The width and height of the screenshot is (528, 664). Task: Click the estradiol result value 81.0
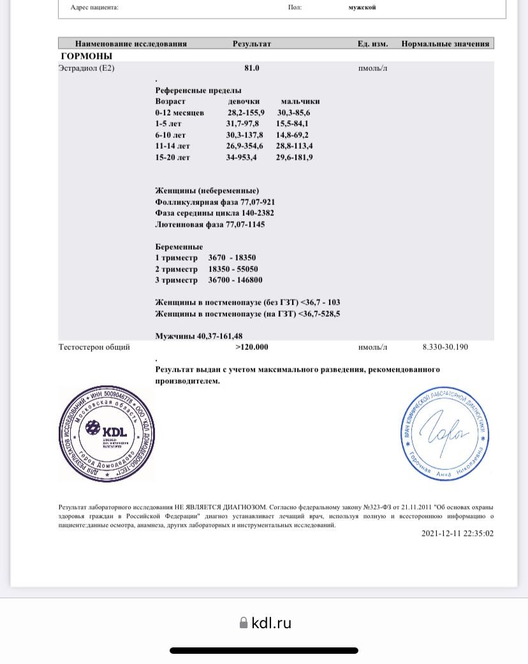[x=251, y=68]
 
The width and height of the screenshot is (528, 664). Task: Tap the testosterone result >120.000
[x=252, y=347]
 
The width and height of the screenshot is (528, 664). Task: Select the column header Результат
[x=252, y=44]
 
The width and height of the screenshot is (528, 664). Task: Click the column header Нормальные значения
[x=445, y=44]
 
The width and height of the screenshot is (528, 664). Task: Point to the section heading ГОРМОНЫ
[x=86, y=56]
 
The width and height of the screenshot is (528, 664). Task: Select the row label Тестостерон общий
[x=94, y=347]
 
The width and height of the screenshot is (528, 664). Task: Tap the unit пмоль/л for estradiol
[x=372, y=68]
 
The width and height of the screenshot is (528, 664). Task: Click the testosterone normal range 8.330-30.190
[x=445, y=347]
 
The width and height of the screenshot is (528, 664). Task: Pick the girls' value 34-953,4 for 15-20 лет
[x=241, y=158]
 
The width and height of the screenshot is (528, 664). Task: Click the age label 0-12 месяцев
[x=180, y=112]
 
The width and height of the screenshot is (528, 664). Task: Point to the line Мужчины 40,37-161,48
[x=199, y=336]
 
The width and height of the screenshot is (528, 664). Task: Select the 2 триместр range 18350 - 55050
[x=233, y=269]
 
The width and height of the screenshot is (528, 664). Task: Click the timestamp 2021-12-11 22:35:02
[x=457, y=534]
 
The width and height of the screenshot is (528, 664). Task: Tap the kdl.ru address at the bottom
[x=272, y=623]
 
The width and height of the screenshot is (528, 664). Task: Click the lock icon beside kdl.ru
[x=243, y=623]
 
